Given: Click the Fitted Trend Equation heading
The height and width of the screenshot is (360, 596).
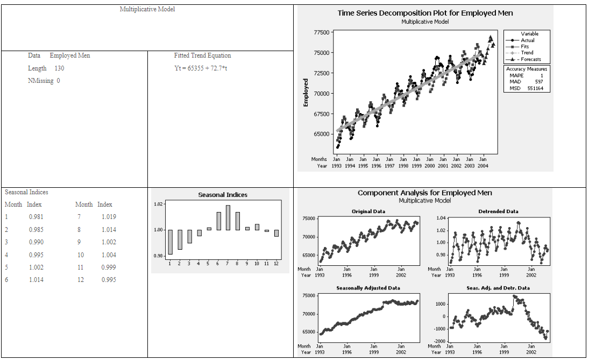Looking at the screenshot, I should [x=202, y=55].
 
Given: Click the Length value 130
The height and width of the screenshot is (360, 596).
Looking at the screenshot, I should [x=59, y=68].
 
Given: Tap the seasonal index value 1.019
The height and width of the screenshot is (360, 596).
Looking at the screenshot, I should [x=108, y=217].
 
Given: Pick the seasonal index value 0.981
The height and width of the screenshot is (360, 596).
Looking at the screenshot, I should [x=37, y=217].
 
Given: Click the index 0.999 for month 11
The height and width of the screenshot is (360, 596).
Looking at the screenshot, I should [x=108, y=267].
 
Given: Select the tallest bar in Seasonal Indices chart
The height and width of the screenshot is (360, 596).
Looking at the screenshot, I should [x=228, y=217].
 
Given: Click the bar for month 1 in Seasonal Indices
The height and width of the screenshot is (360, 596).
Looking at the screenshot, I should [x=170, y=242].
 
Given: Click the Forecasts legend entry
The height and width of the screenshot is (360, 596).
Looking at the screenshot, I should [x=530, y=59].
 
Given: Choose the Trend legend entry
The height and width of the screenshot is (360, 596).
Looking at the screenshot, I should [x=527, y=53].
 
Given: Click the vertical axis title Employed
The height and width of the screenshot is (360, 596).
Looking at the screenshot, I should [x=306, y=93].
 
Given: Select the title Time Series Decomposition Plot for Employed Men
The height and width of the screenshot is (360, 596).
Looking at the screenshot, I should [x=425, y=13].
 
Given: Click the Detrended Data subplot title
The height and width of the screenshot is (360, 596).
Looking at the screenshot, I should [x=498, y=211].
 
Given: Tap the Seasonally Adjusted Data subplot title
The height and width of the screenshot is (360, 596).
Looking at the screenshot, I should [x=368, y=288].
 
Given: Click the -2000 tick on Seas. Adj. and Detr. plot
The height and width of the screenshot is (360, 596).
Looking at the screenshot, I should [x=439, y=342].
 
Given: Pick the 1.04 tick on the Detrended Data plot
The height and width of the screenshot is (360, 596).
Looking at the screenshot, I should [x=441, y=218].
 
